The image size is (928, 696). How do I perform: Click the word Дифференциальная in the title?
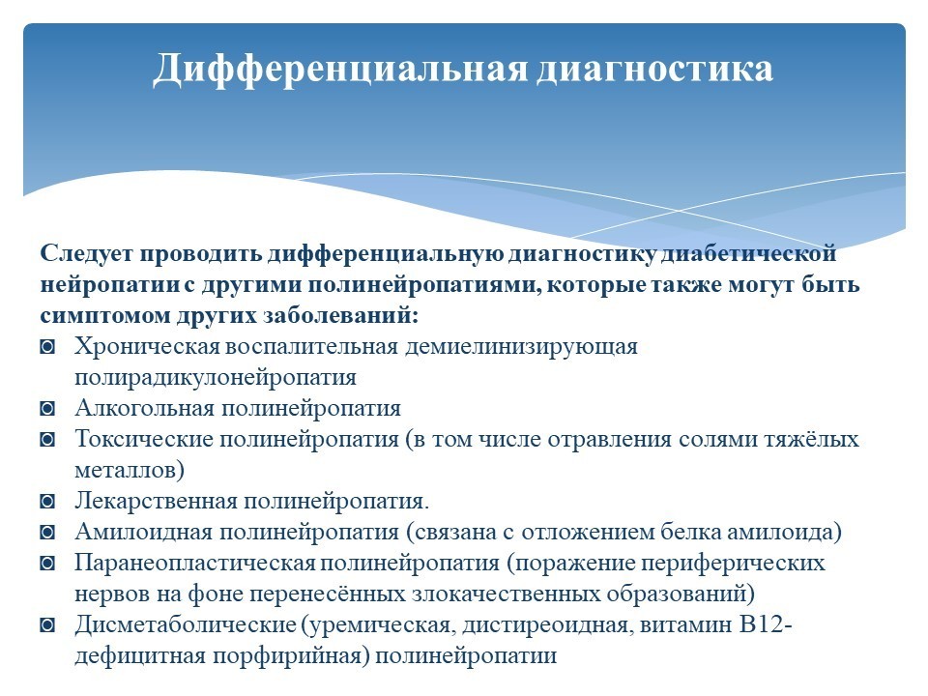(x=340, y=70)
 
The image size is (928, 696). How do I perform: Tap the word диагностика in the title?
(x=655, y=70)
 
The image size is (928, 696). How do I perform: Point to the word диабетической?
(x=748, y=253)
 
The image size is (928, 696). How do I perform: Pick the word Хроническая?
(x=147, y=347)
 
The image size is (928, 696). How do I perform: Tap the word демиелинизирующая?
(x=521, y=347)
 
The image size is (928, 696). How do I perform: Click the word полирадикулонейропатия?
(x=216, y=378)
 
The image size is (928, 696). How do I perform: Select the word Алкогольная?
(x=144, y=408)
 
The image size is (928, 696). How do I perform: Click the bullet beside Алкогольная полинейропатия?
(x=47, y=409)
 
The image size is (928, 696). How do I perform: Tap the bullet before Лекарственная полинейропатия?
(x=47, y=502)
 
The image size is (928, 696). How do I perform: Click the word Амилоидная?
(x=143, y=532)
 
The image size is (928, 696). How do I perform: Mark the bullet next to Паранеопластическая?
(x=47, y=563)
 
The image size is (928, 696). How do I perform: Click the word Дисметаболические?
(x=186, y=625)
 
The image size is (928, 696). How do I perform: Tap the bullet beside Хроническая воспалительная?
(x=47, y=347)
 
